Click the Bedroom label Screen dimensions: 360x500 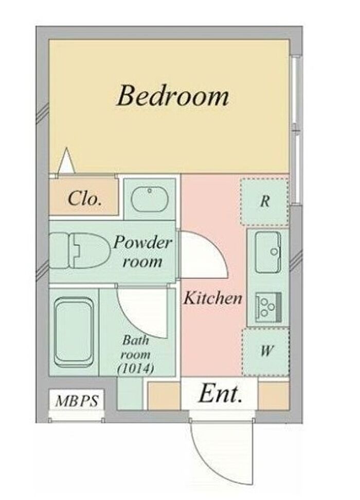173,95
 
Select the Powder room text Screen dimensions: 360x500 142,252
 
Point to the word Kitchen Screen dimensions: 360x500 212,298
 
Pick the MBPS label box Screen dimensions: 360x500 77,400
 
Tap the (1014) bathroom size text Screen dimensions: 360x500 136,368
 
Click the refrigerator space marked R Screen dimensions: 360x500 264,201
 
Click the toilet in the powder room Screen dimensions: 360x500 79,251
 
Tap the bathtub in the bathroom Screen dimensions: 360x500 74,332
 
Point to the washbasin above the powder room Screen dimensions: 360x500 150,199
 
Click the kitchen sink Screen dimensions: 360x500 268,252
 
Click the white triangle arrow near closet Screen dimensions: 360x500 67,161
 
